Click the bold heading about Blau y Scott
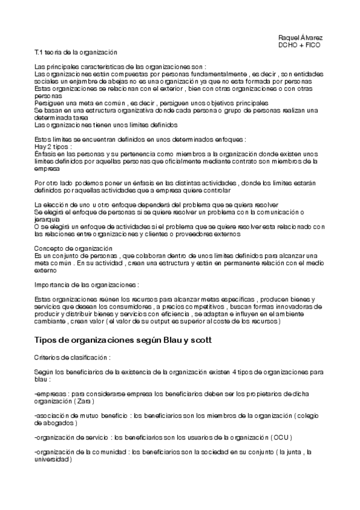coord(123,340)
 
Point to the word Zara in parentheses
coord(85,401)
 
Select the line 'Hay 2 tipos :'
coord(53,146)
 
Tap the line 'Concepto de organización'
coord(73,248)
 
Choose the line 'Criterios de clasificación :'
coord(73,358)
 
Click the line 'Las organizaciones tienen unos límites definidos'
coord(106,125)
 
